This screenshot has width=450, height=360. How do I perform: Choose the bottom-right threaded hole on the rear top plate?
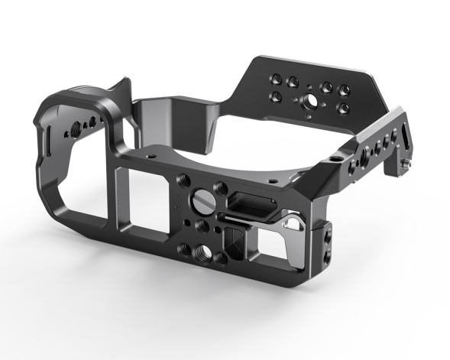pos(344,109)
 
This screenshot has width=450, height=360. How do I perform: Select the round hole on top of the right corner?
pos(334,159)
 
